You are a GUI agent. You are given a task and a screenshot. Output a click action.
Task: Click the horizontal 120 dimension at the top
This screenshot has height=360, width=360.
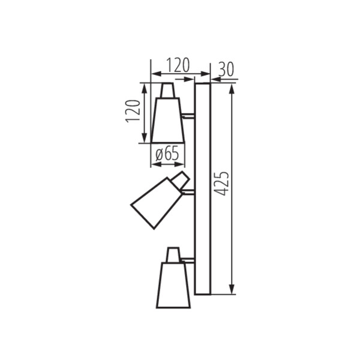point(178,65)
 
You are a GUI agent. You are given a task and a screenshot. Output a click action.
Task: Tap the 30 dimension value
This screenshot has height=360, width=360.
point(225,68)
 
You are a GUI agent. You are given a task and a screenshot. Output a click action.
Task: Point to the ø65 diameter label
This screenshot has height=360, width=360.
point(167,154)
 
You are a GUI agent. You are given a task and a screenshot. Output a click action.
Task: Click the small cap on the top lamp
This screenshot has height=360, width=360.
point(168,90)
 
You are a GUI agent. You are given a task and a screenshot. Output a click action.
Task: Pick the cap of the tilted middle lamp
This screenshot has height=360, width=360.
point(181,179)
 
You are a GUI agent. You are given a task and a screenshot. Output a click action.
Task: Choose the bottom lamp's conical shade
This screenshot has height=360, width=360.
point(173,285)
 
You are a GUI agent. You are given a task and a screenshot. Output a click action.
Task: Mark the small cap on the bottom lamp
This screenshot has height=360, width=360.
point(173,254)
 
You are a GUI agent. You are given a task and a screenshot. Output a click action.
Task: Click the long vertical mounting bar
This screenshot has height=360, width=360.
point(203,189)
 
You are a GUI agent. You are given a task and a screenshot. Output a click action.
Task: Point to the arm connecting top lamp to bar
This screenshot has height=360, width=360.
point(188,115)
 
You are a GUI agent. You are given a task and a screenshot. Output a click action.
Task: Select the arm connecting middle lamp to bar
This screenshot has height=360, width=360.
point(188,192)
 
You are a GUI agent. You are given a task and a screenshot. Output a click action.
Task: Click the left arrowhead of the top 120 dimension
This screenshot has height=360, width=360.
point(154,74)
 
